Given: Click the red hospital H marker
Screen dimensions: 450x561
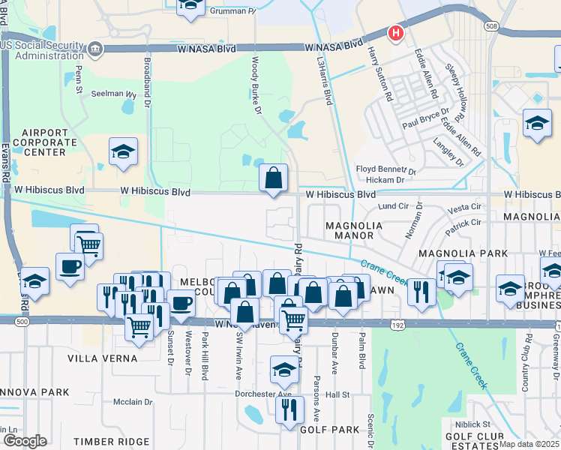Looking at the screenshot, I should coord(395,33).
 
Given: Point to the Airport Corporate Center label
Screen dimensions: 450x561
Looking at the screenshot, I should coord(44,142).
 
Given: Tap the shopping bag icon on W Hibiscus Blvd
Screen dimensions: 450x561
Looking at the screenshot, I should coord(274,178).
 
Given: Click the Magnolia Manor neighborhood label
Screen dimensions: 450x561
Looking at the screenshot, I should coord(354,230).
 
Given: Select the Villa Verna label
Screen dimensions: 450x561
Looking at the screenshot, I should coord(102,358).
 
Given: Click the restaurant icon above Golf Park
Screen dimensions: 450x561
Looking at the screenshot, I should coord(289,410).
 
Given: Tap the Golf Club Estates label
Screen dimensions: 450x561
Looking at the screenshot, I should coord(474,441).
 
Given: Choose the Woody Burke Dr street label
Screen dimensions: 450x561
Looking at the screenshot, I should coord(256,83).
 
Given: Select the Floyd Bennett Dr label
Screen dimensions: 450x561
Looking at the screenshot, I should coord(385,169).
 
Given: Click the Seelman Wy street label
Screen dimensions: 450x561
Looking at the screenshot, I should coord(114,95).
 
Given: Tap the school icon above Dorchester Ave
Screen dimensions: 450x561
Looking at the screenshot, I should coord(284,370).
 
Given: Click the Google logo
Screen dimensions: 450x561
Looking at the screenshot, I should coord(25,441).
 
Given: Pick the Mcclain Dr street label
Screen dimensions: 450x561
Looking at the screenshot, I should coord(133,402).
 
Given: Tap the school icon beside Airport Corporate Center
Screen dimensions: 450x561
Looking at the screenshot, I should coord(123,152).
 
